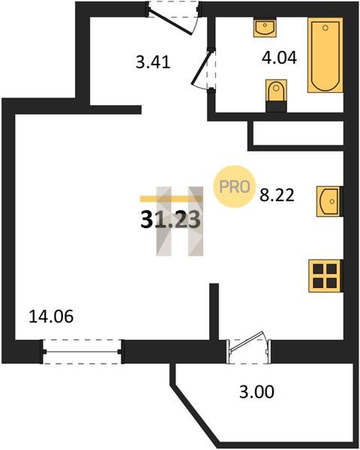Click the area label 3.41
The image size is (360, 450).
[x=153, y=62]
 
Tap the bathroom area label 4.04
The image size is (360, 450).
[x=279, y=58]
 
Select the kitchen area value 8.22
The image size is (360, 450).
[x=277, y=195]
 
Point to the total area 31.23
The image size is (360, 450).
[x=170, y=220]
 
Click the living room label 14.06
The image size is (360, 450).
[x=52, y=316]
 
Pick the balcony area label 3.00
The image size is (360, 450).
[x=256, y=392]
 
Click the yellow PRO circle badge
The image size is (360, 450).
[x=235, y=187]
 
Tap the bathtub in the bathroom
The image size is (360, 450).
[x=325, y=55]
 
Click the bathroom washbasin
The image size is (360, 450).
[x=265, y=28]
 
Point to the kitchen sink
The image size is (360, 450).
[x=329, y=201]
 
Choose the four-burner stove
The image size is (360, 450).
[x=325, y=276]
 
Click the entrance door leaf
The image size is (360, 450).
[x=171, y=22]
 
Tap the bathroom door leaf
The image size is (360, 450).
[x=202, y=67]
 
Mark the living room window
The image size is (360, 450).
[x=82, y=352]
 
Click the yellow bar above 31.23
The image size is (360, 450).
[x=171, y=199]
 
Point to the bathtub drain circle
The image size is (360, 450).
[x=325, y=28]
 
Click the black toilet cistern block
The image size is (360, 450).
[x=276, y=106]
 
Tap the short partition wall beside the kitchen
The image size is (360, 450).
[x=214, y=311]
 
